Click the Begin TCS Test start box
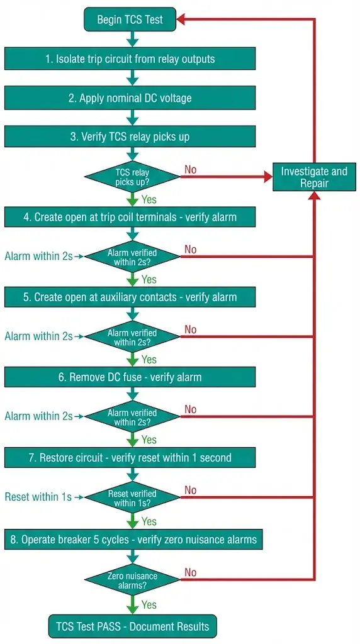coord(130,19)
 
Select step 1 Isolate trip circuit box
coord(130,59)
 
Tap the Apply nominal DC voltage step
coord(130,98)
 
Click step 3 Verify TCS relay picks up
coord(130,136)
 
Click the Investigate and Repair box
coord(313,177)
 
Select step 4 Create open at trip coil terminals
coord(130,217)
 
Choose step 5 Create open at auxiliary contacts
coord(130,297)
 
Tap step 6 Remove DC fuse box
coord(130,377)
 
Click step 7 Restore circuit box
coord(130,457)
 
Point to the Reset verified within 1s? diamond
coord(132,497)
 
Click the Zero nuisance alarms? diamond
coord(132,580)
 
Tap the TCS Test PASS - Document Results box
coord(132,626)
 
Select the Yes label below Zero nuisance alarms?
coord(149,604)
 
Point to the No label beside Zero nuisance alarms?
coord(190,572)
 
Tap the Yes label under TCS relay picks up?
coord(149,200)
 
